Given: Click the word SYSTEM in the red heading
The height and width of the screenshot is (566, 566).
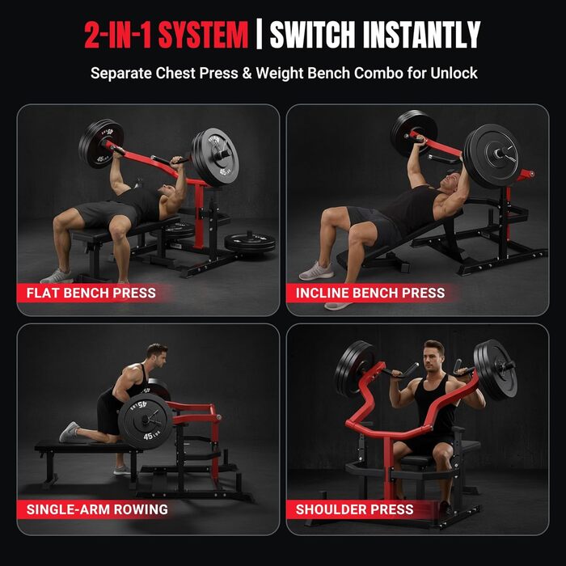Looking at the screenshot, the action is click(203, 35).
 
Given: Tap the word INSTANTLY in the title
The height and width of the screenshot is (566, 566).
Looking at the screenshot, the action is click(421, 35).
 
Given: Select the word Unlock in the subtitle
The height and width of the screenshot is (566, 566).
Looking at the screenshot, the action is click(454, 73).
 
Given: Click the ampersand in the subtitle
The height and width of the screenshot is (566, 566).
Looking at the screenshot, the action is click(247, 73).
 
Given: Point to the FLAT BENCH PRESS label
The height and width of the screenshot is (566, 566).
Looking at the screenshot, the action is click(91, 293).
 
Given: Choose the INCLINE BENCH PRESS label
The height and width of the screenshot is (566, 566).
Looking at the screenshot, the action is click(370, 293).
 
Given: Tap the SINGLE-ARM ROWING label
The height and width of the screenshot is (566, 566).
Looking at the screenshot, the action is click(97, 509).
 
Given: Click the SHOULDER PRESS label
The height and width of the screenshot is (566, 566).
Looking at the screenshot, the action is click(354, 509).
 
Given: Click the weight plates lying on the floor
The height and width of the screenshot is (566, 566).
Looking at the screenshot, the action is click(250, 243).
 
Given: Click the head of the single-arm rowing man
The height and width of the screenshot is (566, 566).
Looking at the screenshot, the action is click(158, 356).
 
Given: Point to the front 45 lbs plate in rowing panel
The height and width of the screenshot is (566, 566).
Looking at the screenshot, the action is click(146, 421).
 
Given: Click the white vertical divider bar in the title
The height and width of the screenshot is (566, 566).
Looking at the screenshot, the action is click(259, 34).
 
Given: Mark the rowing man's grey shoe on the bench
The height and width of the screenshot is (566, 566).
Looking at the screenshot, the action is click(69, 431).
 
